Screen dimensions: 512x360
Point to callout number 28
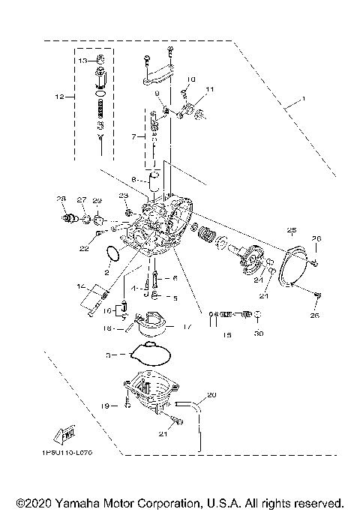coord(61,199)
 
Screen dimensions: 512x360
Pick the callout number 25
coord(292,229)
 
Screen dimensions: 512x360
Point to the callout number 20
coord(211,394)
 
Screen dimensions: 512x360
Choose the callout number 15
coord(226,335)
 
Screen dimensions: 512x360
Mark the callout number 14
coord(80,286)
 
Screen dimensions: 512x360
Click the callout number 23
coord(123,195)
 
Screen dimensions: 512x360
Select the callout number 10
coord(190,79)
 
